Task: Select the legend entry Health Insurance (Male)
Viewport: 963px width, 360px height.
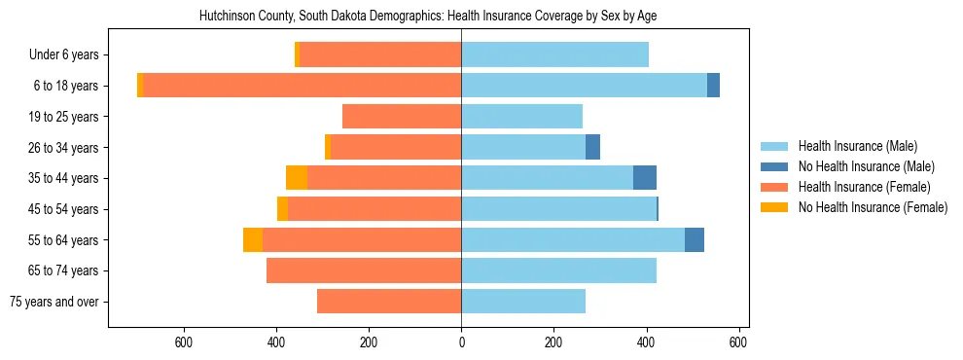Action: (857, 146)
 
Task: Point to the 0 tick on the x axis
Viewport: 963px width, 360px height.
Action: (461, 342)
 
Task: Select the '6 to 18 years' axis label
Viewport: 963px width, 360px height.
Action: (65, 86)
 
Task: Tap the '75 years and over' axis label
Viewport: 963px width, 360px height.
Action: (53, 302)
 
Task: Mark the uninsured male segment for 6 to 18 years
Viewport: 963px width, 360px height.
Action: (713, 86)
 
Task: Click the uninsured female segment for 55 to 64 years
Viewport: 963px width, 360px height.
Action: (253, 239)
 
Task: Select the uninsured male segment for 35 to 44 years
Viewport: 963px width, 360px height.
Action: (645, 178)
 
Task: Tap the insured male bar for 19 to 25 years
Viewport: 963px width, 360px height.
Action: (521, 117)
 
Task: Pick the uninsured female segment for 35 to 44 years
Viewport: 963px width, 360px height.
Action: (297, 178)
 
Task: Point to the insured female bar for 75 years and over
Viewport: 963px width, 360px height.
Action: (389, 302)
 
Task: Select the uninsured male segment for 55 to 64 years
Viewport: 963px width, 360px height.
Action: (695, 239)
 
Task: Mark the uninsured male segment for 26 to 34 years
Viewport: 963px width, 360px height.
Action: (592, 147)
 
